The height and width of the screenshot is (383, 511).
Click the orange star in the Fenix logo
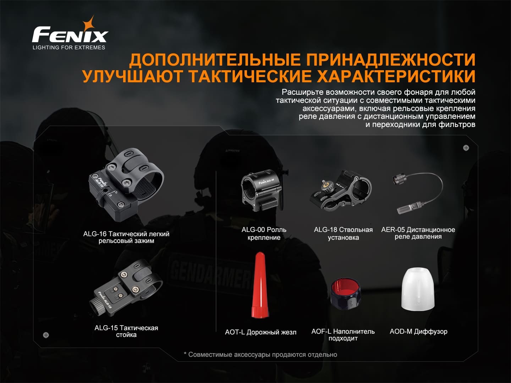tap(89, 24)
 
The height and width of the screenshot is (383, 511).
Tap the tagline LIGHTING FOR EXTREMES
tap(69, 48)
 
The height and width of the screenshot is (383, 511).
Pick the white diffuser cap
tap(418, 289)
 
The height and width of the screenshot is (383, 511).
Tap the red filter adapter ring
tap(346, 294)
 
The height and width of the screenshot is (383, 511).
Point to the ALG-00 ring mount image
tap(262, 190)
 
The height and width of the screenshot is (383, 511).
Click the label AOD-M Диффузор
tap(419, 331)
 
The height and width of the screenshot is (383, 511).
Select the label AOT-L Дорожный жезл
tap(261, 332)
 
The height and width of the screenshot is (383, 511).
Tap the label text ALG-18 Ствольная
tap(343, 230)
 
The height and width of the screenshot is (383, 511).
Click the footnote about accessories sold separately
tap(260, 355)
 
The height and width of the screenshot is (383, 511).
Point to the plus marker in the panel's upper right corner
tap(466, 148)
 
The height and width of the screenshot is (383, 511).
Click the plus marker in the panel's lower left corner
tap(46, 335)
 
